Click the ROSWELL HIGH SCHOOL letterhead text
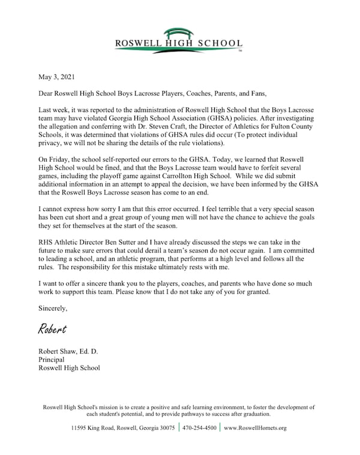click(179, 44)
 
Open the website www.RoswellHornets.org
click(255, 428)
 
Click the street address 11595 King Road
click(97, 428)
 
